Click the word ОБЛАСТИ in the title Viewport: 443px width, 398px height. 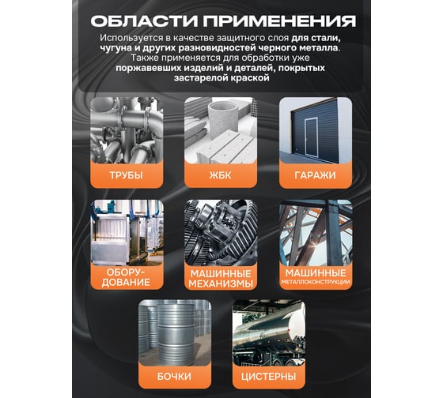click(144, 21)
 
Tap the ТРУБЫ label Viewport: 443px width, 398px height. click(127, 175)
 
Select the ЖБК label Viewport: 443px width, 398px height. click(221, 175)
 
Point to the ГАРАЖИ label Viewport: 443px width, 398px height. click(316, 175)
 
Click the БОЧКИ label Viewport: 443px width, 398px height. click(174, 376)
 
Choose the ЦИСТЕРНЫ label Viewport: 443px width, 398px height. click(269, 376)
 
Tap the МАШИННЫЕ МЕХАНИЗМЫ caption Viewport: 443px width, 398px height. click(221, 279)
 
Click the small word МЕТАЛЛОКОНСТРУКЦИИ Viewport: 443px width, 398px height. click(316, 282)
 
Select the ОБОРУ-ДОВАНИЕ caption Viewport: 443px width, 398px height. click(126, 277)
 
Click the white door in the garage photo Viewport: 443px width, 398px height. click(311, 137)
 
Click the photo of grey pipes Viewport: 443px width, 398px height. click(127, 130)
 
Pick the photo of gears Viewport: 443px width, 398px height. click(221, 233)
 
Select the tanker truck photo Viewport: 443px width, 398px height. click(269, 332)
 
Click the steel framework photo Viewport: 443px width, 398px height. click(316, 233)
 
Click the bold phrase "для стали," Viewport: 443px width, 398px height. click(314, 38)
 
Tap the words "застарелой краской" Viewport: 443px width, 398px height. click(221, 78)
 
